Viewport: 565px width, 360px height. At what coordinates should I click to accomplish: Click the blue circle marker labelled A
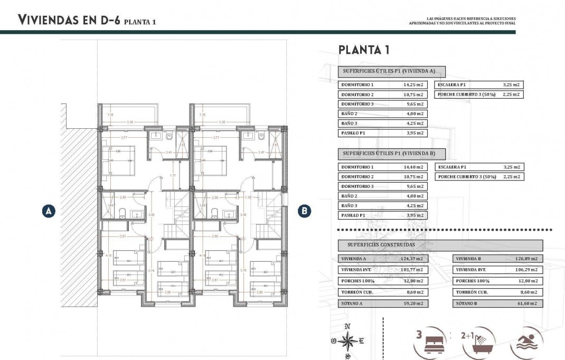coord(49,211)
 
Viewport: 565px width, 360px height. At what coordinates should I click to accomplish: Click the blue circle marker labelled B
coord(305,211)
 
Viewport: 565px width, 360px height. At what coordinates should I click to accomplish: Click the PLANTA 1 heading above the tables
coord(364,50)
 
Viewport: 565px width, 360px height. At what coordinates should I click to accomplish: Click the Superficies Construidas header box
coord(440,245)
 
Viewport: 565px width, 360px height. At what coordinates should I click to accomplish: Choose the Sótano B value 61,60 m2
coord(526,304)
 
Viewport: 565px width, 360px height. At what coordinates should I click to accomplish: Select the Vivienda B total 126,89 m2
coord(526,259)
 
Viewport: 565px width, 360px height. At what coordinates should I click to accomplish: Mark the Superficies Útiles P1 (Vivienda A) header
coord(391,72)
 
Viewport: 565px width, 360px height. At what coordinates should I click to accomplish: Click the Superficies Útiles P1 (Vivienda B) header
coord(391,154)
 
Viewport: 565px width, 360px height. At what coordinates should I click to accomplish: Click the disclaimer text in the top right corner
coord(463,21)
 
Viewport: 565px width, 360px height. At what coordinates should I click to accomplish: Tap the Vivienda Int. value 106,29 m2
coord(526,270)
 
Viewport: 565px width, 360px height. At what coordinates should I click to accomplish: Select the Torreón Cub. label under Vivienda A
coord(355,292)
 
